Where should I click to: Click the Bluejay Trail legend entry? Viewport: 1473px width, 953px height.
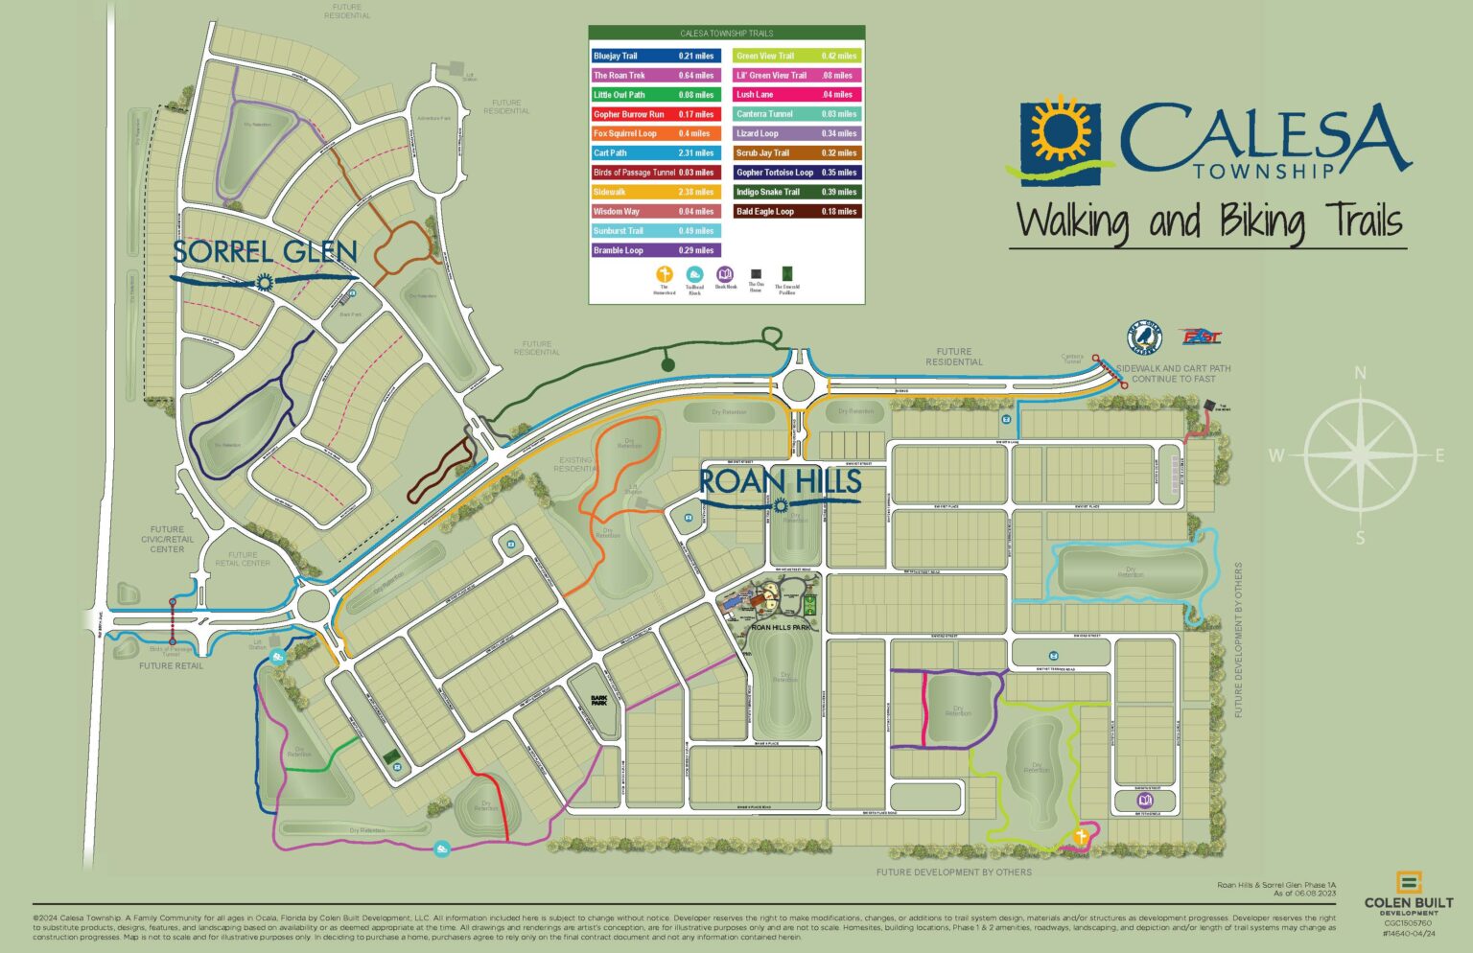click(x=655, y=56)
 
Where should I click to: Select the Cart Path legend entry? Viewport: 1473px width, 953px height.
click(x=655, y=152)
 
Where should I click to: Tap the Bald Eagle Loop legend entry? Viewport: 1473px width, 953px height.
click(x=798, y=211)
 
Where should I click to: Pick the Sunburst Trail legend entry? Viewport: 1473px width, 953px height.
click(x=655, y=231)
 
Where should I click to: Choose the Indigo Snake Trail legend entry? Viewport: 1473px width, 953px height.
click(x=798, y=192)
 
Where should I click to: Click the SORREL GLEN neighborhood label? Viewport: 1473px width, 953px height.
click(x=265, y=253)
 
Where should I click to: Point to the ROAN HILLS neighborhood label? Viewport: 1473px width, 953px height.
click(x=780, y=481)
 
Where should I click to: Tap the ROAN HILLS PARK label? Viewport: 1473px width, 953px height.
click(x=782, y=627)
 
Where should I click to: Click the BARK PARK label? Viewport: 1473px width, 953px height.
click(x=598, y=701)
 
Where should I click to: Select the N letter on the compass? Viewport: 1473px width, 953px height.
click(x=1360, y=374)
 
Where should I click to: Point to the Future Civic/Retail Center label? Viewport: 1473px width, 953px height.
click(x=167, y=539)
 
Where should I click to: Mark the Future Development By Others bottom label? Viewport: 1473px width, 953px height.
click(x=953, y=872)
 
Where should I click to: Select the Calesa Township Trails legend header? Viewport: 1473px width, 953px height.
click(x=726, y=34)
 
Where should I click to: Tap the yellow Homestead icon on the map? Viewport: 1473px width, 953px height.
click(x=1081, y=836)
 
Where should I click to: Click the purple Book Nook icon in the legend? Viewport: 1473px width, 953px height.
click(x=725, y=274)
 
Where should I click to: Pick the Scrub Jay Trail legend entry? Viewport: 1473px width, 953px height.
click(x=798, y=152)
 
